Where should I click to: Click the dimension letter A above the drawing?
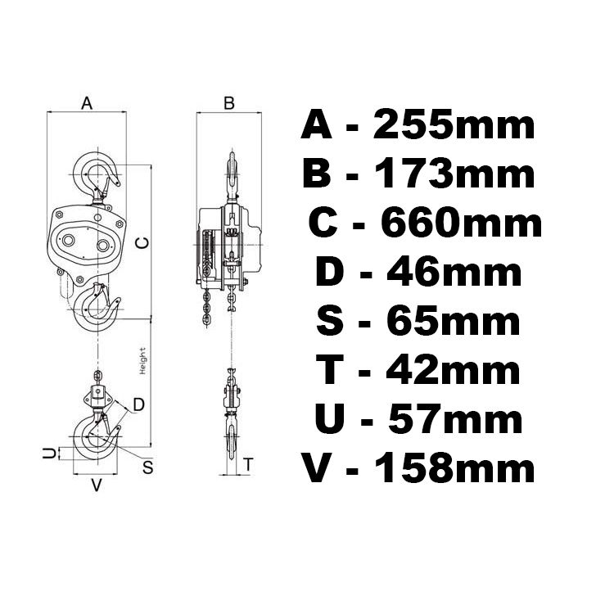point(87,102)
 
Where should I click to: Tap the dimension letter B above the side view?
point(229,102)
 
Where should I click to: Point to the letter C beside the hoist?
point(140,242)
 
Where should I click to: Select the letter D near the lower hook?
point(138,404)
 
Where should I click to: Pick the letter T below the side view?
point(248,463)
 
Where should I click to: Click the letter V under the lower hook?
point(96,485)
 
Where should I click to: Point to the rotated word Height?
point(142,361)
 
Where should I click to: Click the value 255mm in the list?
point(454,126)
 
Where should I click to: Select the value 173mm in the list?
point(454,174)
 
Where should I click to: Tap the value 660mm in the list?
point(459,223)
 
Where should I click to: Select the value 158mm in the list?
point(454,468)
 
